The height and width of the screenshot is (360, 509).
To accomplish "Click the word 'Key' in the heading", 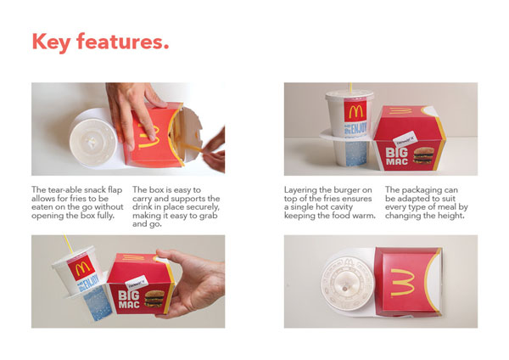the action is click(51, 42).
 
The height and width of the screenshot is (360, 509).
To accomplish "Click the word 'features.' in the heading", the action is click(123, 42).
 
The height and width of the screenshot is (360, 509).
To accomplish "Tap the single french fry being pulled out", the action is click(193, 148).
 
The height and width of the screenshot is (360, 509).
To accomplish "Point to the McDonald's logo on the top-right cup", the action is click(355, 111).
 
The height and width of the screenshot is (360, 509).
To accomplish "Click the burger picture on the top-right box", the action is click(423, 155).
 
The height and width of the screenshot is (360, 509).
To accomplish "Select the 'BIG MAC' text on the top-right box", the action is click(397, 156).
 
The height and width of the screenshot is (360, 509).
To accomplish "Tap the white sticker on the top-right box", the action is click(405, 139).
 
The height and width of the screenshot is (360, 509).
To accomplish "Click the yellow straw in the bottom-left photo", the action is click(68, 245).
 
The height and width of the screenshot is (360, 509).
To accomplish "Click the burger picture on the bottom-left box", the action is click(154, 299).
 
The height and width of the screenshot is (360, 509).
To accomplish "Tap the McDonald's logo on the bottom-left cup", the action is click(81, 267).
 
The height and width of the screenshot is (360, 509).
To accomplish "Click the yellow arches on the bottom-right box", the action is click(403, 283).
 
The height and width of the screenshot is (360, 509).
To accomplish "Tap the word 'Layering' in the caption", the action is click(300, 190).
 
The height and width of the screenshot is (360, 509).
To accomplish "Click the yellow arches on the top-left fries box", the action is click(149, 137).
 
